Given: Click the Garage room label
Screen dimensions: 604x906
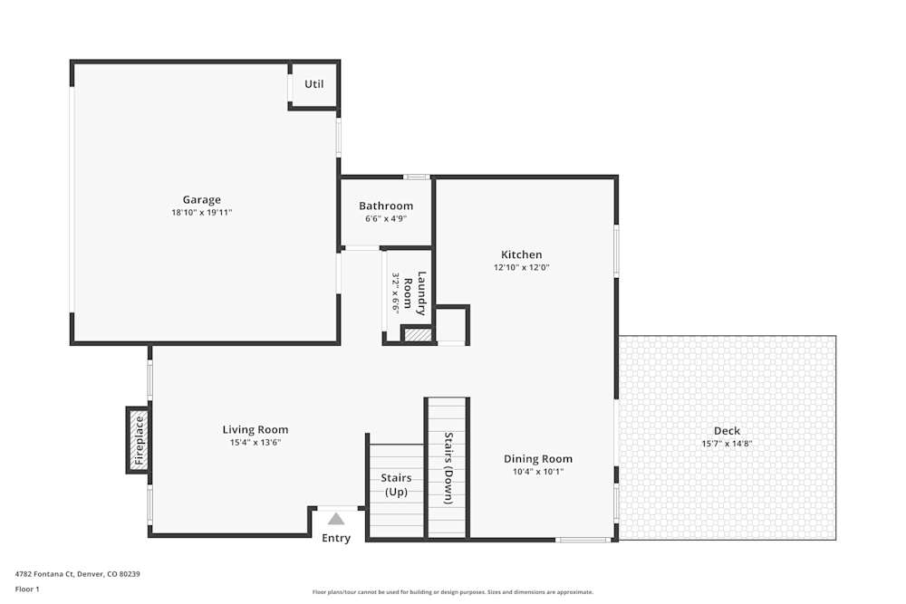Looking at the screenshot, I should [201, 200].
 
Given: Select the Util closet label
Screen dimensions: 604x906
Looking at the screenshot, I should [313, 84].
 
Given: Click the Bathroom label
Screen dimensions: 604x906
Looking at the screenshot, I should [386, 206].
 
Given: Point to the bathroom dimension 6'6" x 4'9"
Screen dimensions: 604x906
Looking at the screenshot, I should [386, 218].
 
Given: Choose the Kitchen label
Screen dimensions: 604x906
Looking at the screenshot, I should [522, 254].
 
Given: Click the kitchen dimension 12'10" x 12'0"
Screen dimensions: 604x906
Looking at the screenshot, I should [522, 267].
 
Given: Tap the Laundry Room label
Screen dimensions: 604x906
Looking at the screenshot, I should [414, 292].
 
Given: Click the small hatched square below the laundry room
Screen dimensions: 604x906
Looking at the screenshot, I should [417, 335].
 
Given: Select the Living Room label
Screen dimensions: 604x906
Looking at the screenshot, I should [255, 430].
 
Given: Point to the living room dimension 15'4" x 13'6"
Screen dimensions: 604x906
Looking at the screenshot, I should [255, 443].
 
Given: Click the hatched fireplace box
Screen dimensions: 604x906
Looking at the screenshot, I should [138, 440].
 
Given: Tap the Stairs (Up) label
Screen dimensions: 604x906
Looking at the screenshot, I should [396, 484].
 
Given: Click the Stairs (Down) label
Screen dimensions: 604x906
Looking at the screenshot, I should [448, 467].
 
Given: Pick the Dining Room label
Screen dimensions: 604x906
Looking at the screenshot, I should [538, 459].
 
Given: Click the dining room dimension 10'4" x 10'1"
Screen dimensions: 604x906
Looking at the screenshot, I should [538, 471].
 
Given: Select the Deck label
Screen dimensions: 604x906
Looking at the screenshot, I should [727, 431].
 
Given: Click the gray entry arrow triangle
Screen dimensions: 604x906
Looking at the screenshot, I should [336, 519].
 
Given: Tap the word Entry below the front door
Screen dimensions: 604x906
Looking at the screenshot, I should [336, 539].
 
